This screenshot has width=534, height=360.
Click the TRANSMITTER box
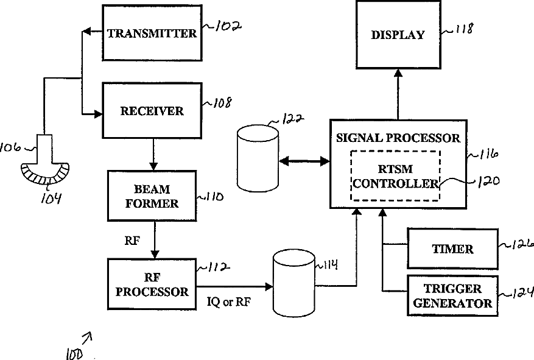pos(152,33)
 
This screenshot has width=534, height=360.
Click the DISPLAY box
pos(397,35)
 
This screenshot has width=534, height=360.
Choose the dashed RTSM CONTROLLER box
pos(395,175)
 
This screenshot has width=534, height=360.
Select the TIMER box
pos(452,249)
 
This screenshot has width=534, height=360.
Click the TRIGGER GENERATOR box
pos(452,295)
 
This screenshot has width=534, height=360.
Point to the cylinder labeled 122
pos(257,158)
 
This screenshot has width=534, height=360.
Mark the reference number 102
pos(225,27)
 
